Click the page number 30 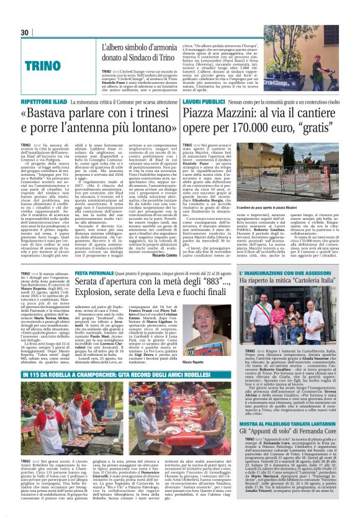(x=25, y=32)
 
